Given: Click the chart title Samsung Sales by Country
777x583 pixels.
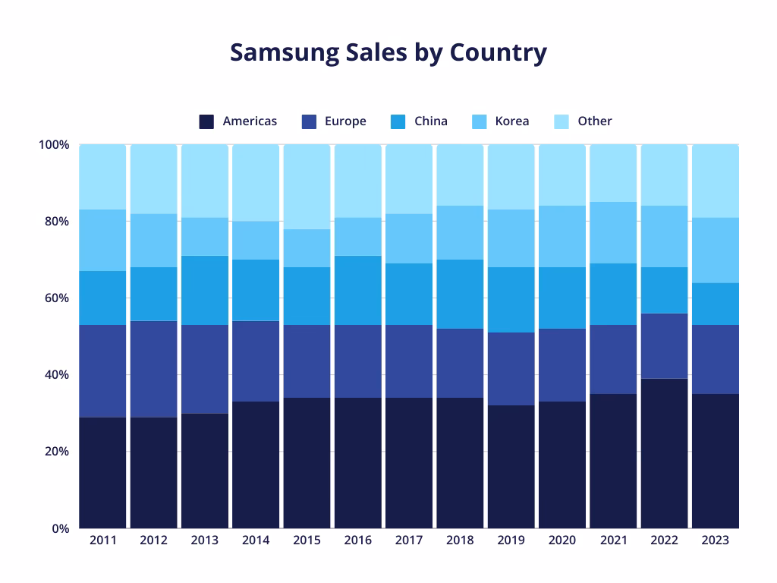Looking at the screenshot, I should tap(388, 52).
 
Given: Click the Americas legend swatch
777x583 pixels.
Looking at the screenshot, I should tap(206, 121).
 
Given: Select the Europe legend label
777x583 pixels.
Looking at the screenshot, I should tap(345, 121).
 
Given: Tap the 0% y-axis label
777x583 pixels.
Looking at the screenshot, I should tap(61, 528).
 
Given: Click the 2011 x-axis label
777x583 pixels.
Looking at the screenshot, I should tap(102, 540).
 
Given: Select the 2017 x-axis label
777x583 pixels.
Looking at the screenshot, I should tap(409, 540).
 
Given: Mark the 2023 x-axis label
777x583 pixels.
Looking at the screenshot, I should tap(716, 540).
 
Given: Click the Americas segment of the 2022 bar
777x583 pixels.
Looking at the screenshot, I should tap(665, 453).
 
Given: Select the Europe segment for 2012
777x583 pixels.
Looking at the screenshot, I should tap(154, 369).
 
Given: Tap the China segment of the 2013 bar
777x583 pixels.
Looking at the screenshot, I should tap(205, 290).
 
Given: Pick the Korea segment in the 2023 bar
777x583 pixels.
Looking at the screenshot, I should tap(716, 250).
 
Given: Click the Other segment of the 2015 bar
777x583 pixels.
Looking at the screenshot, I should tap(307, 187).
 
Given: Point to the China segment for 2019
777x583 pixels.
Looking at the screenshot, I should tap(511, 300).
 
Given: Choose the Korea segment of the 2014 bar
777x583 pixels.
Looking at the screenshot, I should tap(256, 240).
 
